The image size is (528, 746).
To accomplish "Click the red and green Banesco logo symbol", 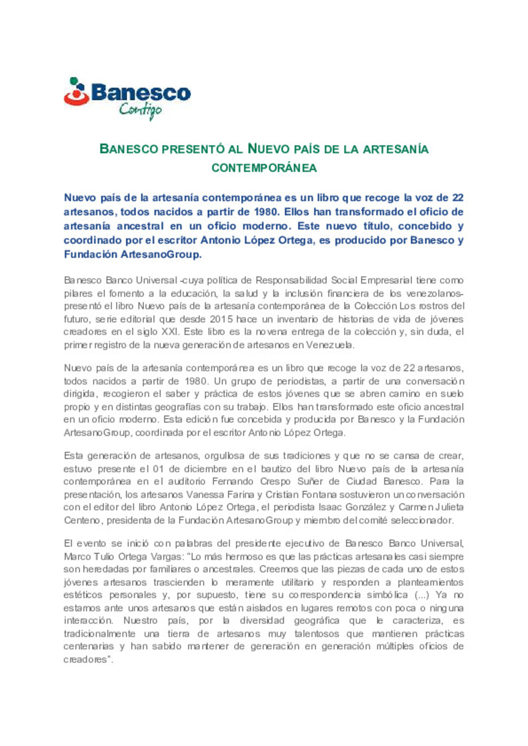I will tap(76, 92).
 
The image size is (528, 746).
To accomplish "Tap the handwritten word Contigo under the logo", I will tap(140, 110).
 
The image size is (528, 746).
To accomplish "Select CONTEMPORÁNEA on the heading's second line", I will tap(264, 168).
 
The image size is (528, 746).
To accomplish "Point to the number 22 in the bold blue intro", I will tap(458, 198).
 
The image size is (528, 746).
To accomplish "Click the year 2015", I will tap(221, 319).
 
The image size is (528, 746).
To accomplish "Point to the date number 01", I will tap(158, 469).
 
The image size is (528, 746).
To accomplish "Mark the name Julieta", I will tap(450, 507).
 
